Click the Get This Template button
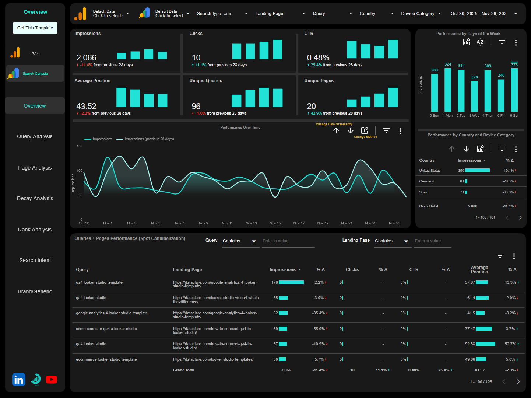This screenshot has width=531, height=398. click(35, 28)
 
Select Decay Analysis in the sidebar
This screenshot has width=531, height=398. click(35, 198)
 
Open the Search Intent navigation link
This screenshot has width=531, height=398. click(35, 260)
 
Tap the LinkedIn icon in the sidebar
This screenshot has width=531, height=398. click(19, 380)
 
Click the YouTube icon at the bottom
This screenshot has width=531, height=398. click(52, 380)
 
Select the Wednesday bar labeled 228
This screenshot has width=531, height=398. click(474, 96)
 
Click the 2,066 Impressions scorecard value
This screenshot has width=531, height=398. click(86, 58)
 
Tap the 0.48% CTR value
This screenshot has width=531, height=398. click(318, 58)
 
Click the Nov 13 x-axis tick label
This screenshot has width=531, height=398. click(251, 223)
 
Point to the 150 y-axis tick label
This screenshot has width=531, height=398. click(80, 146)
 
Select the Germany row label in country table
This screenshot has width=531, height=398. click(426, 181)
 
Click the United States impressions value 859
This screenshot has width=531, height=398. click(461, 171)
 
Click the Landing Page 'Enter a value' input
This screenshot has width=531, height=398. click(432, 241)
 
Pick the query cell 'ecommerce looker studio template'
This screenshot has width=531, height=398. click(106, 359)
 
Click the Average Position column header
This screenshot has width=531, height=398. click(479, 270)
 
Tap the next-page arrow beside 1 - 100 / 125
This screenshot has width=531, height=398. click(518, 382)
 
